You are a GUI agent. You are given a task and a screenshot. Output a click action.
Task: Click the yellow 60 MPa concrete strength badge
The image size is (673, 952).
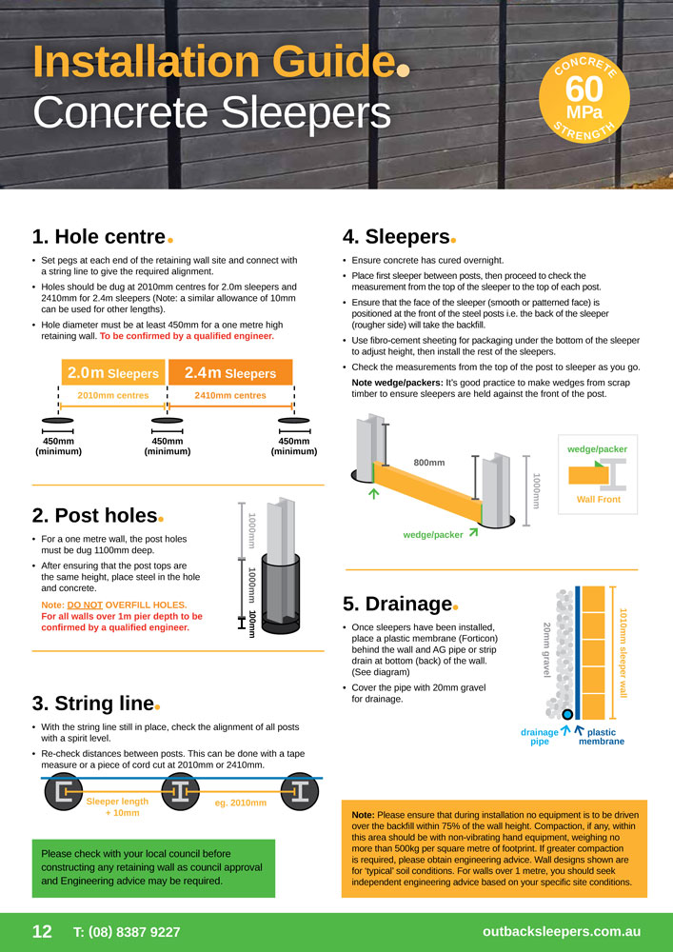coord(584,98)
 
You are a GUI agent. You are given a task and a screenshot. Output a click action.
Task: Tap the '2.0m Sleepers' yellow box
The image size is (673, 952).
coord(113,373)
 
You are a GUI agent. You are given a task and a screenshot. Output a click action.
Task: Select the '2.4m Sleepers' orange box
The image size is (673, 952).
coord(230,373)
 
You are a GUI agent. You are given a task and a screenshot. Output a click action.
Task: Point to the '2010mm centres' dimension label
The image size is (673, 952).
coord(113,395)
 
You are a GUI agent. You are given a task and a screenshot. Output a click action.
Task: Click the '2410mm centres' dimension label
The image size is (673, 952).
coord(230,395)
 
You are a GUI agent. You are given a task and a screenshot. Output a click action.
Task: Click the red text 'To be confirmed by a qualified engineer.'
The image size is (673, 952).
coord(187,336)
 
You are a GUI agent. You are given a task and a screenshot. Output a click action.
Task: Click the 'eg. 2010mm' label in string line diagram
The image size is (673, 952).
coord(241,803)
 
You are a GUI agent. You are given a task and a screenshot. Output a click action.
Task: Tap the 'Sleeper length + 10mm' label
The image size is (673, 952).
coord(118,807)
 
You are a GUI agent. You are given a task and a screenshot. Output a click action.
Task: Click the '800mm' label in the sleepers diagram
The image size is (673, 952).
coord(429,463)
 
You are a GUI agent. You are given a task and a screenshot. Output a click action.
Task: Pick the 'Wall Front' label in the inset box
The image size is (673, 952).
coord(599,499)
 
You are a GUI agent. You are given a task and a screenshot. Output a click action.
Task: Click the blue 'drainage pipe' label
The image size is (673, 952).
coord(540,737)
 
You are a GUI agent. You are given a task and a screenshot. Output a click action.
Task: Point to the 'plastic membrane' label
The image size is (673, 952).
coord(602,737)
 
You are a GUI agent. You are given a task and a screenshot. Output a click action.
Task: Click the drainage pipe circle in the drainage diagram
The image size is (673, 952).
coord(567,715)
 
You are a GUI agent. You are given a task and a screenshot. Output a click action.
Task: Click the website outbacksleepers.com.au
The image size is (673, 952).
coord(562,932)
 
